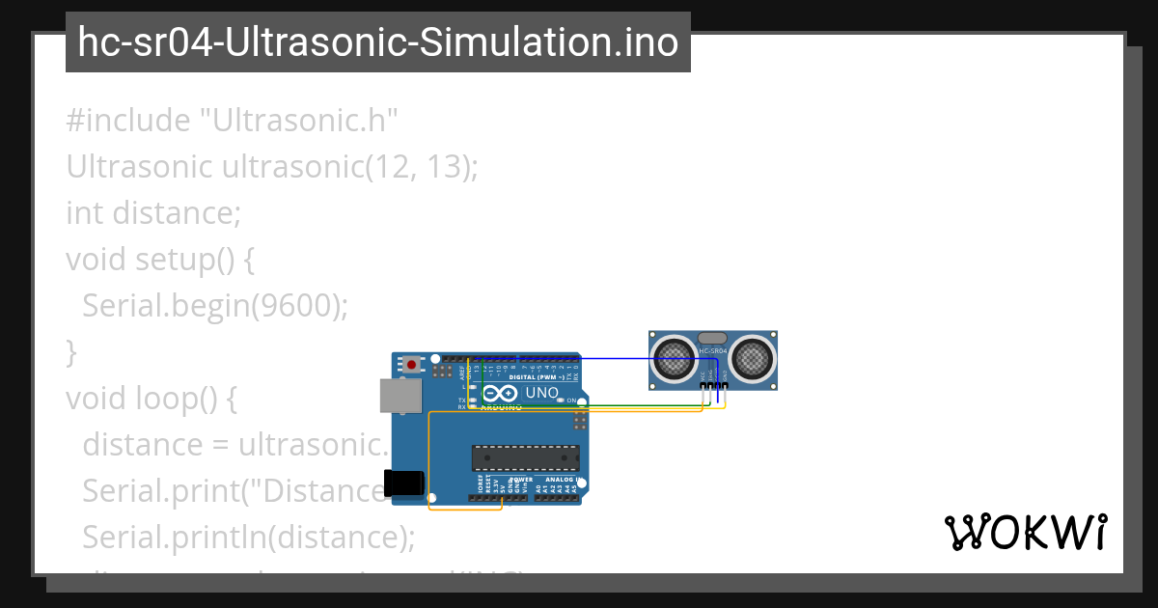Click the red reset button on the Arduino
click(x=413, y=365)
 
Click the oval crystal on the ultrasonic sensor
click(x=712, y=338)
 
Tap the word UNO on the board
click(x=541, y=393)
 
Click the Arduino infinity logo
click(x=500, y=394)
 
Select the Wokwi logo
click(x=1025, y=532)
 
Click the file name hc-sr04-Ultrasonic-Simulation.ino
click(x=377, y=42)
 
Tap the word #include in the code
click(x=128, y=121)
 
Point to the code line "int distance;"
click(x=153, y=212)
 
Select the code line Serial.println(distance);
click(x=248, y=537)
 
